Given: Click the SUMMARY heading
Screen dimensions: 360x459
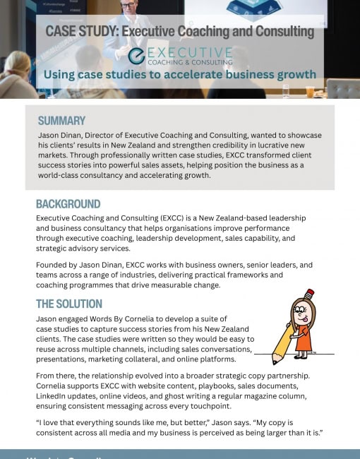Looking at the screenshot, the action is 61,120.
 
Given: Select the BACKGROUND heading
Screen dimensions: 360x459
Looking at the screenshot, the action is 68,204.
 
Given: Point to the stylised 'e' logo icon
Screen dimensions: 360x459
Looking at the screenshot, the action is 136,56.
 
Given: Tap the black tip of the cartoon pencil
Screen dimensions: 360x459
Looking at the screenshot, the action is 275,362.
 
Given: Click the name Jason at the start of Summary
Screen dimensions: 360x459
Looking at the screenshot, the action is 50,135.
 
